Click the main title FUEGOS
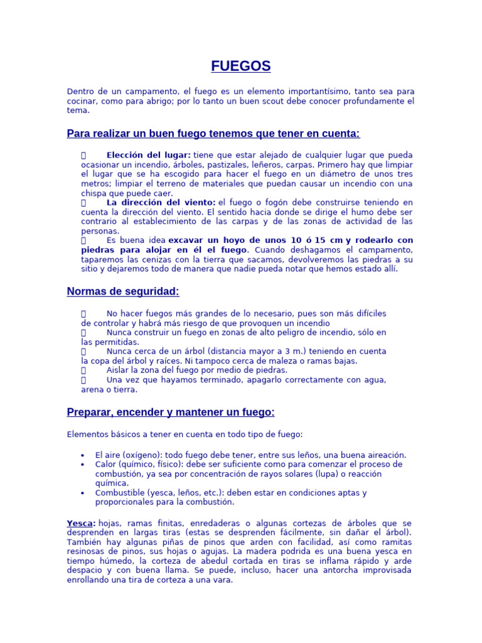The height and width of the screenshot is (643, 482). pyautogui.click(x=240, y=66)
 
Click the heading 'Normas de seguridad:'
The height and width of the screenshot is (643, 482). pyautogui.click(x=123, y=291)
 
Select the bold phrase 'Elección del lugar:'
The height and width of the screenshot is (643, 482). pyautogui.click(x=149, y=155)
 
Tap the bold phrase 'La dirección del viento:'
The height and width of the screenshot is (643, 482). pyautogui.click(x=161, y=203)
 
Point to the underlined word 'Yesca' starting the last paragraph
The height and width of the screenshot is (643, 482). pyautogui.click(x=80, y=523)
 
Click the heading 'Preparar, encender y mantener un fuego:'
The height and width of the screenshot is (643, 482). pyautogui.click(x=171, y=412)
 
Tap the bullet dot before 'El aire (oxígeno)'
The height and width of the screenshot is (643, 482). pyautogui.click(x=83, y=455)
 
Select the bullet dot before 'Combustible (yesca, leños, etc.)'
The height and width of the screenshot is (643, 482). pyautogui.click(x=83, y=493)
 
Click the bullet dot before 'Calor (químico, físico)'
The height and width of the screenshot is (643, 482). pyautogui.click(x=83, y=465)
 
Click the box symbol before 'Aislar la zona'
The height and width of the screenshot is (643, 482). pyautogui.click(x=83, y=370)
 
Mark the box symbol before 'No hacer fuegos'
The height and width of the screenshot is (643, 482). pyautogui.click(x=83, y=313)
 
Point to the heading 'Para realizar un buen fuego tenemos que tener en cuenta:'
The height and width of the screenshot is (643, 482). pyautogui.click(x=213, y=134)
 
